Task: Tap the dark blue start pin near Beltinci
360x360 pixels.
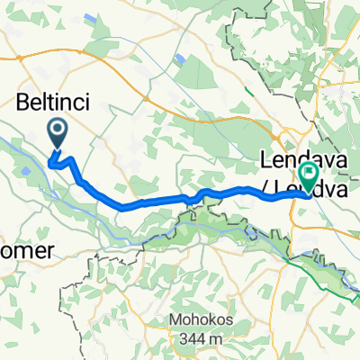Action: [x=57, y=135]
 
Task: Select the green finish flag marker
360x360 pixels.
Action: [x=308, y=176]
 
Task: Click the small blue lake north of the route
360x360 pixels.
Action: [x=182, y=59]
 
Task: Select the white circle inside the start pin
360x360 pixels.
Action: [x=57, y=132]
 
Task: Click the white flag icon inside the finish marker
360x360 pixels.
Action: [x=308, y=174]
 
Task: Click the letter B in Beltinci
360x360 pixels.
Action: [x=23, y=104]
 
